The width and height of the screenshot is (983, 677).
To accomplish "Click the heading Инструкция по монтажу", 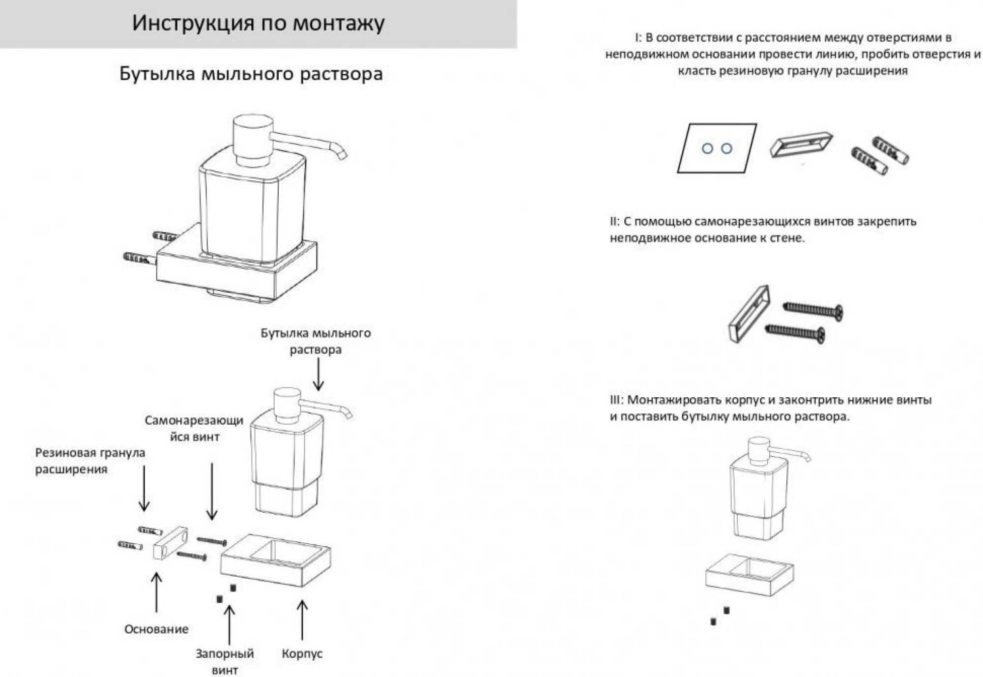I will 258,23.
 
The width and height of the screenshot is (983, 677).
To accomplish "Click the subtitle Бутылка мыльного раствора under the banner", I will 251,74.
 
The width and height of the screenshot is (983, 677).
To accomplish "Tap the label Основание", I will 156,629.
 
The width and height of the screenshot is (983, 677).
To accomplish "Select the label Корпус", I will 302,653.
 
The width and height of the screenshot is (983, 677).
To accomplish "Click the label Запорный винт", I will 225,661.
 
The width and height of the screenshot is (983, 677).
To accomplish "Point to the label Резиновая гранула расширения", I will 90,461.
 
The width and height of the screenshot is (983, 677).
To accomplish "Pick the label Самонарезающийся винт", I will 194,428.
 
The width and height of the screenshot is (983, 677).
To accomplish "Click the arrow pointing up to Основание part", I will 156,592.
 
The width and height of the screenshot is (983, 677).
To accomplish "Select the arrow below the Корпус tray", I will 302,619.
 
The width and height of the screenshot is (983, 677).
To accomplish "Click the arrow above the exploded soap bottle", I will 318,374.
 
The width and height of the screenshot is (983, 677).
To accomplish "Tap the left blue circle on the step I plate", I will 707,148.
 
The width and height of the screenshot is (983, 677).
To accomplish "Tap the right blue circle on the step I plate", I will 726,148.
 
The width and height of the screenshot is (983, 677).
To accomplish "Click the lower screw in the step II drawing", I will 795,332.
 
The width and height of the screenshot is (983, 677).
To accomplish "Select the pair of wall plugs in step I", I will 880,156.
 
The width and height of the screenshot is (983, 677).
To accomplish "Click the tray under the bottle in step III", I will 750,575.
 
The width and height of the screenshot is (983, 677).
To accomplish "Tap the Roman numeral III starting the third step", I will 615,400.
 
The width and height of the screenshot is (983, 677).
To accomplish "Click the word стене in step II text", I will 789,238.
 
